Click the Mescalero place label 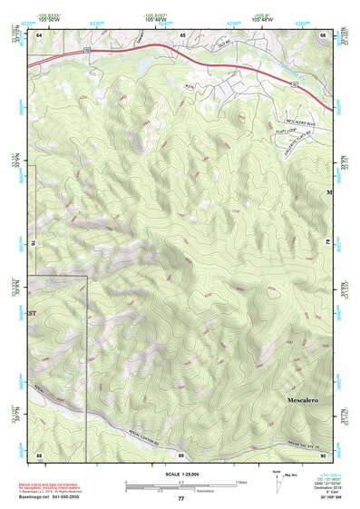(x=297, y=399)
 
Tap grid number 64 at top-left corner (x=39, y=34)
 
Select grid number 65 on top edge (x=182, y=34)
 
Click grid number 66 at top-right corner (x=324, y=34)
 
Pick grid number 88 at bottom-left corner (x=39, y=454)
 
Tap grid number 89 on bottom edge (x=181, y=454)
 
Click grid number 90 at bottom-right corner (x=324, y=454)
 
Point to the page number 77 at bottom (x=180, y=499)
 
